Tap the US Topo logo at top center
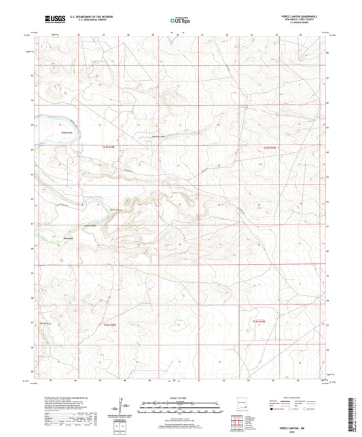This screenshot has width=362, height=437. pos(181,20)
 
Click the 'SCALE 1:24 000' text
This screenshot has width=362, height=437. pos(181,398)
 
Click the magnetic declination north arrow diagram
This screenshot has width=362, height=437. pos(125,406)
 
